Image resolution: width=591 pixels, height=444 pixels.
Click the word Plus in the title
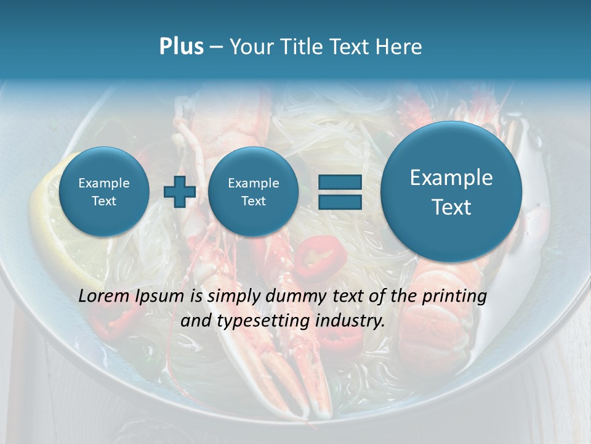click(x=181, y=47)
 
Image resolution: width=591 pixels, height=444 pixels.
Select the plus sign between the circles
click(x=180, y=192)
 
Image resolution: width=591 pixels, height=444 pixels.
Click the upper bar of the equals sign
click(x=340, y=182)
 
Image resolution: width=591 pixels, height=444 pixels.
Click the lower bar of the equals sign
click(x=340, y=202)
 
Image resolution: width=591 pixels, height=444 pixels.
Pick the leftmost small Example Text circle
click(x=104, y=192)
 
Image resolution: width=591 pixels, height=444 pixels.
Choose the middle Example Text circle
click(x=253, y=192)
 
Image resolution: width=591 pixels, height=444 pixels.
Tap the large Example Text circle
click(x=451, y=192)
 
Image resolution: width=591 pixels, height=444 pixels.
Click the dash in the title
click(x=216, y=47)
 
